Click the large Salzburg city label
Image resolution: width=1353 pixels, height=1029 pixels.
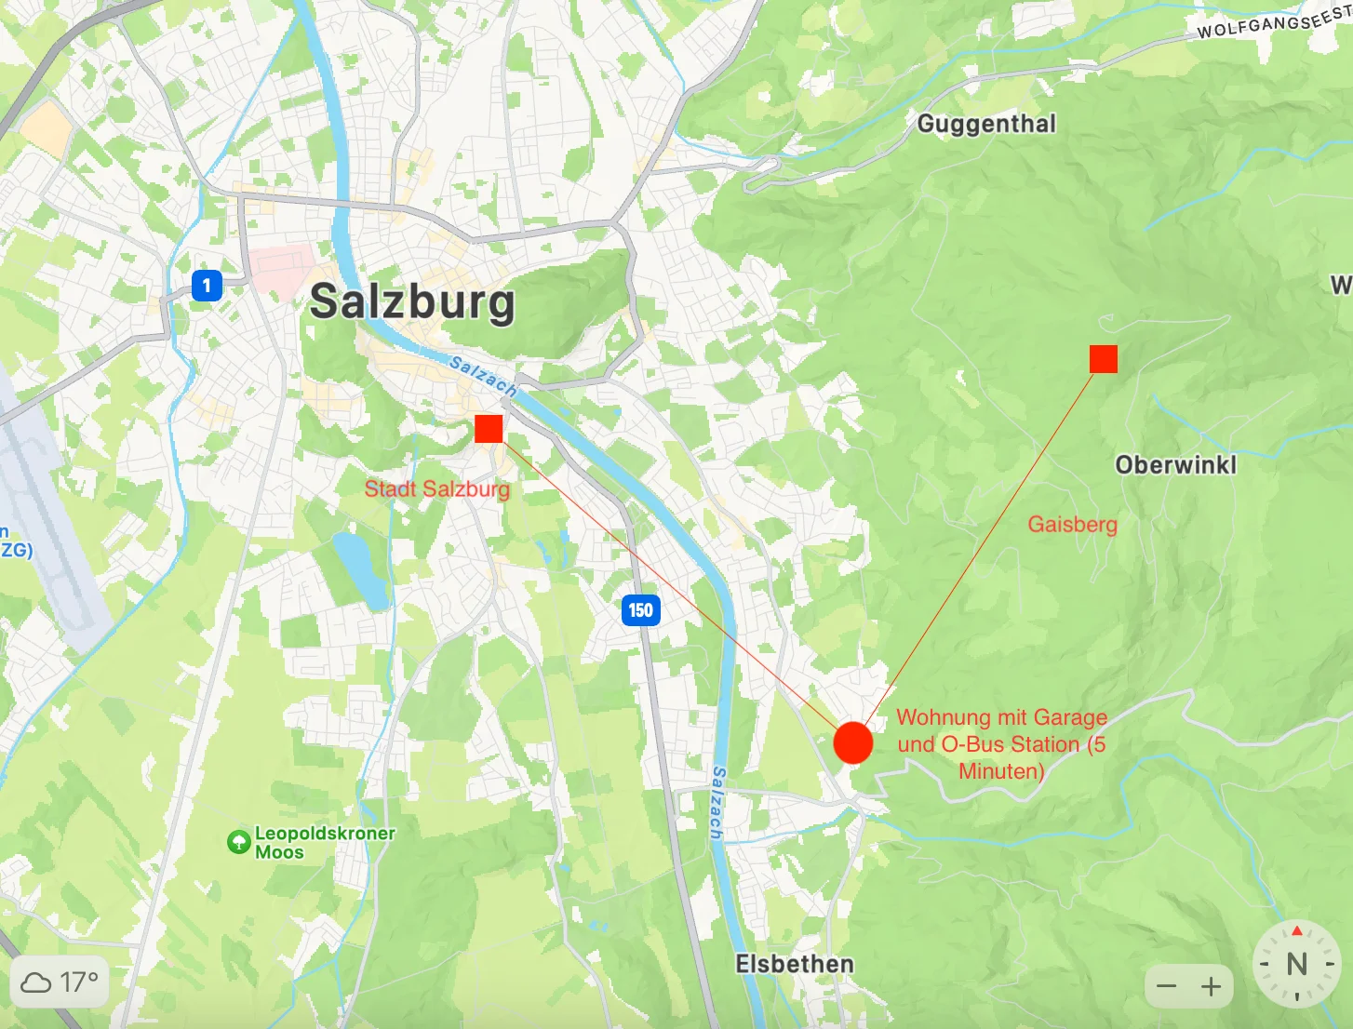point(411,301)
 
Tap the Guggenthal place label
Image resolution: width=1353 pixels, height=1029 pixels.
point(986,124)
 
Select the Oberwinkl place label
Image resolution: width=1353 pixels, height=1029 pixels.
point(1175,464)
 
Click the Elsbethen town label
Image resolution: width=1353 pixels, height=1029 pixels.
point(795,964)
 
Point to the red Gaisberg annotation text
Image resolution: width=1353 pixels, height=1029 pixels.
point(1072,524)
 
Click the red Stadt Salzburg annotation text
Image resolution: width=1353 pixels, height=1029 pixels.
point(436,488)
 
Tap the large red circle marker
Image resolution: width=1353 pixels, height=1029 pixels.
point(852,742)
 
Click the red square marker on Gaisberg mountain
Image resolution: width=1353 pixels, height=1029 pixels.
point(1103,358)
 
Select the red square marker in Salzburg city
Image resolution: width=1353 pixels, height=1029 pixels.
point(489,429)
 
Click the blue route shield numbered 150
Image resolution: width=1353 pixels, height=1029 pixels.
point(640,610)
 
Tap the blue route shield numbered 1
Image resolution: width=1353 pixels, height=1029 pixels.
point(207,285)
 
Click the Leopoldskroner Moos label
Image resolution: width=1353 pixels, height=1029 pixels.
point(324,842)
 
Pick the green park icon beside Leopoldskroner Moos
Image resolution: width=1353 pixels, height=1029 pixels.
point(239,842)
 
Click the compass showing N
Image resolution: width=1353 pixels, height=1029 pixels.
point(1296,964)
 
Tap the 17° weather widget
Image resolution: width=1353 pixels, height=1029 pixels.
point(60,982)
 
